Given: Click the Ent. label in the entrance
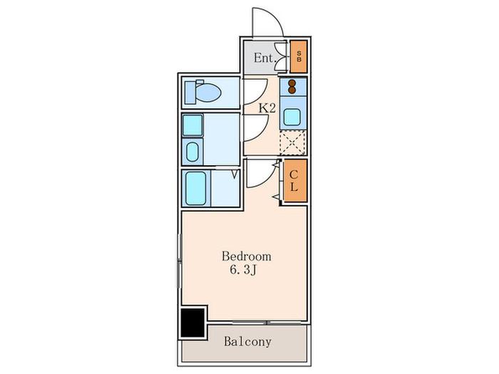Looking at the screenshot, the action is point(264,58).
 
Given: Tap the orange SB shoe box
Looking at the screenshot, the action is point(299,56).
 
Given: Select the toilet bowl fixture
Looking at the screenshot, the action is point(203,92).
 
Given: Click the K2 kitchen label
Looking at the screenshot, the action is point(267,108).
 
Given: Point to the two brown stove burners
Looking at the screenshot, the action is point(292,87).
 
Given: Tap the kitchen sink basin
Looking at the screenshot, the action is point(292,117).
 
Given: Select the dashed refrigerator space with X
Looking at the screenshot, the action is point(293,142).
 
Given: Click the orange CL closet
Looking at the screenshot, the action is point(295,181).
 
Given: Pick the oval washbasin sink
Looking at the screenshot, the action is point(192,152).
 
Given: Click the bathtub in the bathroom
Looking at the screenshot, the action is point(196,189).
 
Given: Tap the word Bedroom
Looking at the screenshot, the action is point(247,256).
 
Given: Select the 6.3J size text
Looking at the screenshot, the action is point(244,270).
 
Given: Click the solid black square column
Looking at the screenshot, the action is point(192,323).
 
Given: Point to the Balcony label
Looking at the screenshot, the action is point(248,341).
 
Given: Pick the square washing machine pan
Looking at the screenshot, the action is point(192,125).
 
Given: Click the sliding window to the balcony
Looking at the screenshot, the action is point(267,323).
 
